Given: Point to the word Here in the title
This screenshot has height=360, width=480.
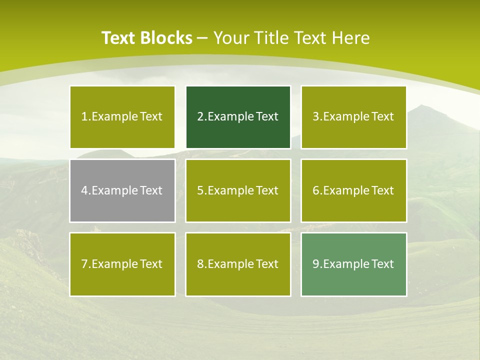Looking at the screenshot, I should pyautogui.click(x=352, y=38).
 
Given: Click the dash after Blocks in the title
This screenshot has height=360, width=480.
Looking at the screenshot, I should pyautogui.click(x=202, y=38).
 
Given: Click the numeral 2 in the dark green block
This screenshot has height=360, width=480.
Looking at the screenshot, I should pyautogui.click(x=200, y=116).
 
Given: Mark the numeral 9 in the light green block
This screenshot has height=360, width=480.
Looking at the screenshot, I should pyautogui.click(x=316, y=264).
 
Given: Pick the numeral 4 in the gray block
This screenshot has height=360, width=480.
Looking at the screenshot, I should pyautogui.click(x=84, y=190).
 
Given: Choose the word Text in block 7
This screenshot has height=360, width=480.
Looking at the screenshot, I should pyautogui.click(x=151, y=264).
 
